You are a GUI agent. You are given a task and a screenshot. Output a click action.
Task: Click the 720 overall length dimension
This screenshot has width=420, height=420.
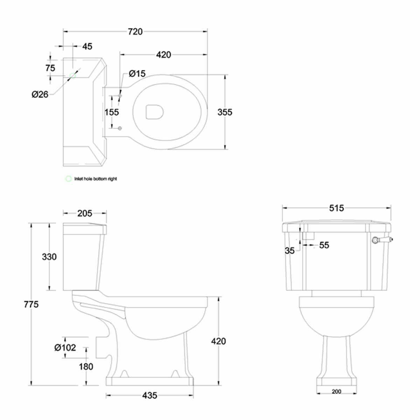coord(135,31)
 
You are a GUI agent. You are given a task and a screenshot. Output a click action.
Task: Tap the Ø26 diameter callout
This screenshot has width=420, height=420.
coord(40,94)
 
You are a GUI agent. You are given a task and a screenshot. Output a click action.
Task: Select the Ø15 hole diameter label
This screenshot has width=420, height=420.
coord(137,73)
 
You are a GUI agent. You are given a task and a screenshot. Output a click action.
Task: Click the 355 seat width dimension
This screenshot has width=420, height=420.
coord(225,112)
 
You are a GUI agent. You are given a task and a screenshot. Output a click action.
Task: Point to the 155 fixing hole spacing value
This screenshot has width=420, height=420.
coord(112,112)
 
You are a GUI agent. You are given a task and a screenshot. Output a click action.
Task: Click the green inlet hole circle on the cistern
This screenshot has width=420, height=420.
coord(73,75)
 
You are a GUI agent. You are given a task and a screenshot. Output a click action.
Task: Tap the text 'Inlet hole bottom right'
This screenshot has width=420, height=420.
coord(96,179)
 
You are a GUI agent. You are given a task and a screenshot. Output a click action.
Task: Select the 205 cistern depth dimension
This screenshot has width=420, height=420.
coord(84,213)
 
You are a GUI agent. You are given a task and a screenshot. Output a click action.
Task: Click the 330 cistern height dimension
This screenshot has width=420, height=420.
coord(49,257)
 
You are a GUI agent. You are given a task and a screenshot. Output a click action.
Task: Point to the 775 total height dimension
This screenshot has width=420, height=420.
coord(31,304)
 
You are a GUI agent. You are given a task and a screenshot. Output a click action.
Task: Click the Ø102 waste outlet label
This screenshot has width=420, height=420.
coord(65,348)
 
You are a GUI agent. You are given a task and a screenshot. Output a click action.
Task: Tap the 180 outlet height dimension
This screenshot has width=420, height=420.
coord(86,366)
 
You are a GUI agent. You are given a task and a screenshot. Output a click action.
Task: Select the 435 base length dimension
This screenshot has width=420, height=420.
coord(149,395)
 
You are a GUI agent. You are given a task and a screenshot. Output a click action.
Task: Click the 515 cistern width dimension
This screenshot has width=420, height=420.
coord(336,208)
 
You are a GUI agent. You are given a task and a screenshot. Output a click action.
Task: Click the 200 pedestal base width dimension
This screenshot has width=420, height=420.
coord(336,392)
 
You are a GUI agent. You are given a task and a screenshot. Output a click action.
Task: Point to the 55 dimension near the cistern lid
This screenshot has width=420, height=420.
coord(324,245)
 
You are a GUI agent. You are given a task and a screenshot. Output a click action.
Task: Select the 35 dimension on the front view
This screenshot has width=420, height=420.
coord(290,251)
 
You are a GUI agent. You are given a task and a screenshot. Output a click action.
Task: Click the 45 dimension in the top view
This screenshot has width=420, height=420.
coord(87,46)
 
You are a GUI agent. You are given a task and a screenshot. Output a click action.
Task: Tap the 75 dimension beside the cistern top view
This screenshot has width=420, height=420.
coord(50,68)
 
